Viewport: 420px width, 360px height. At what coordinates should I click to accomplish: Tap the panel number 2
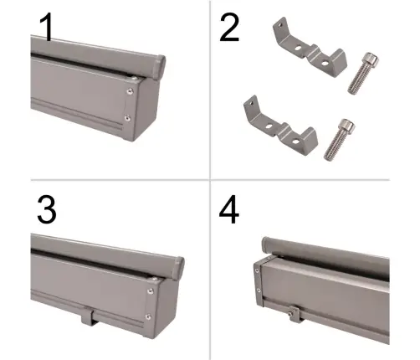pos(229,28)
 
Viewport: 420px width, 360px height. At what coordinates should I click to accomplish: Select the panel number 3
pos(47,209)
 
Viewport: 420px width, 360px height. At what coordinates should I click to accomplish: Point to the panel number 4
pos(229,209)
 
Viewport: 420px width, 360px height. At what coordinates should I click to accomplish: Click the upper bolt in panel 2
pos(363,73)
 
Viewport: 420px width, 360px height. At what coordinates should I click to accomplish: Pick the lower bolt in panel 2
pos(340,140)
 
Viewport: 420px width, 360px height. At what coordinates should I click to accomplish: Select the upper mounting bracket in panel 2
pos(309,48)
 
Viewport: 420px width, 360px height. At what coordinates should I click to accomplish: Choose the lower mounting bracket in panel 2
pos(280,126)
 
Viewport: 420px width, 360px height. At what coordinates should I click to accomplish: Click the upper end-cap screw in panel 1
pos(130,91)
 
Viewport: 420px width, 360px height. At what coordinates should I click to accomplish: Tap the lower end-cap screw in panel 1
pos(127,118)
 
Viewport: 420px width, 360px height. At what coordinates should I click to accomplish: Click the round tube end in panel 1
pos(159,67)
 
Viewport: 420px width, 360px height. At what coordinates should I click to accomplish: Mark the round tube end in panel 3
pos(178,268)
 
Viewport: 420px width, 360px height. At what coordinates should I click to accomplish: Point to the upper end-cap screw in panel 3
pos(151,291)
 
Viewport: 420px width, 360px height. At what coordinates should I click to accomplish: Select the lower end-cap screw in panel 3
pos(148,316)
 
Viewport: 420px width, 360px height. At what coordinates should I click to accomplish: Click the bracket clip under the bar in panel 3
pos(89,316)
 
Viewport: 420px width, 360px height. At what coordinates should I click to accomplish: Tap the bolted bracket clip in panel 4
pos(294,313)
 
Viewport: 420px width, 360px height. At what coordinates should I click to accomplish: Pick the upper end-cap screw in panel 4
pos(257,270)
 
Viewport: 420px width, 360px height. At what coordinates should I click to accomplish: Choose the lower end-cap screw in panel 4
pos(259,291)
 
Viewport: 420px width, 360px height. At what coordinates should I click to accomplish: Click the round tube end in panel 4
pos(266,245)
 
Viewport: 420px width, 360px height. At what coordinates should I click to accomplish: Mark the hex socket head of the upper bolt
pos(371,59)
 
